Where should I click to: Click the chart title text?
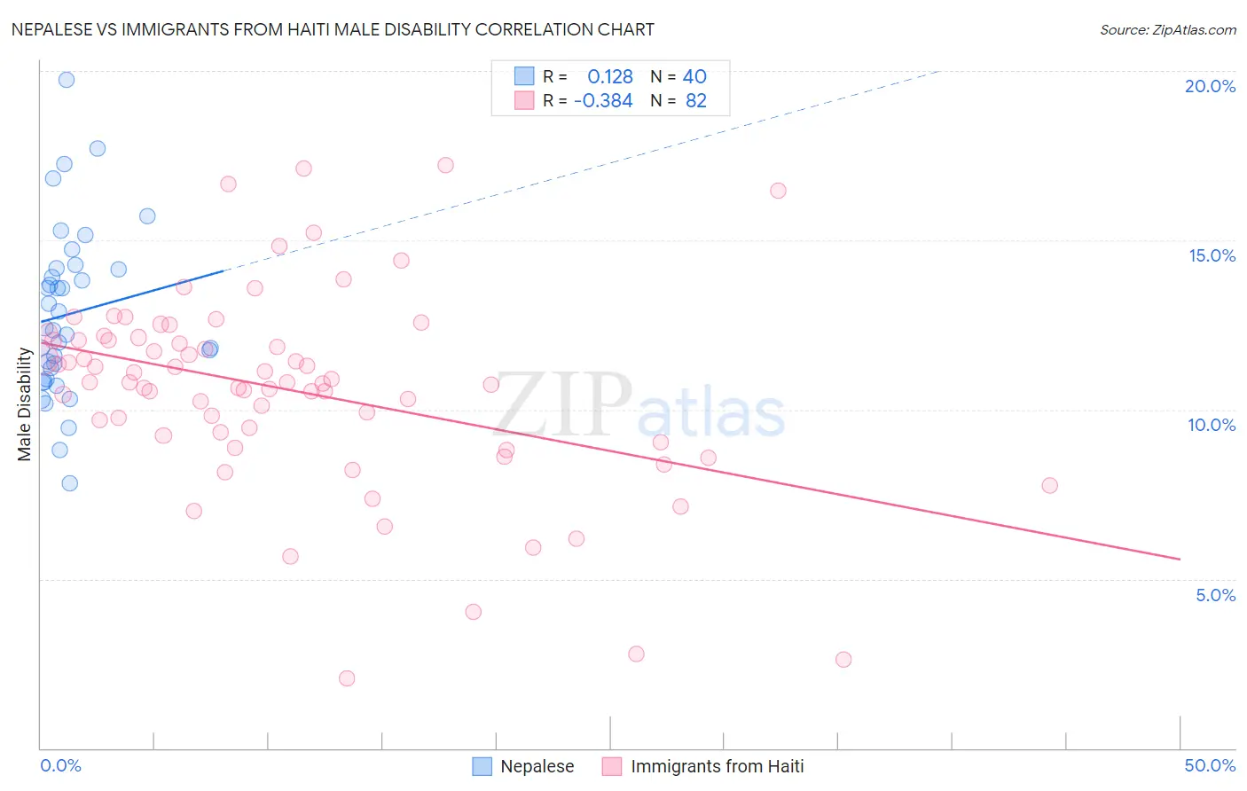click(x=333, y=29)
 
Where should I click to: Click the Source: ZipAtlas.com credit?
click(x=1167, y=30)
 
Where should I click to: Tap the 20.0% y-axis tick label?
click(x=1210, y=86)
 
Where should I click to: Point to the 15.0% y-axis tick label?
click(x=1212, y=255)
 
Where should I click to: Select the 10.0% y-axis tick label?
click(x=1212, y=425)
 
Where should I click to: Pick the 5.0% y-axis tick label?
click(x=1215, y=595)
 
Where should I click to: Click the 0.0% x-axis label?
click(x=60, y=765)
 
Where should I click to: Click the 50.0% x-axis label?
click(x=1210, y=765)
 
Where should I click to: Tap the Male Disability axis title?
click(x=25, y=404)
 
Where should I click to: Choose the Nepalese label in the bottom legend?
click(x=537, y=766)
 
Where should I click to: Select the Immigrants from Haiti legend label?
click(x=717, y=766)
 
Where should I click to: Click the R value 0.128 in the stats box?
click(x=610, y=77)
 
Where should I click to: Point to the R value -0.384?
click(x=603, y=101)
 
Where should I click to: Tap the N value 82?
click(x=696, y=101)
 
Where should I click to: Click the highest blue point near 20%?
click(x=67, y=80)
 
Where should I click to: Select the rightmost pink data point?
click(x=1049, y=485)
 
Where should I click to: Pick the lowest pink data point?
click(x=347, y=678)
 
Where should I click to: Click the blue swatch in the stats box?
click(x=525, y=76)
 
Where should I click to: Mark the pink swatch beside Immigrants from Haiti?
click(x=612, y=766)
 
